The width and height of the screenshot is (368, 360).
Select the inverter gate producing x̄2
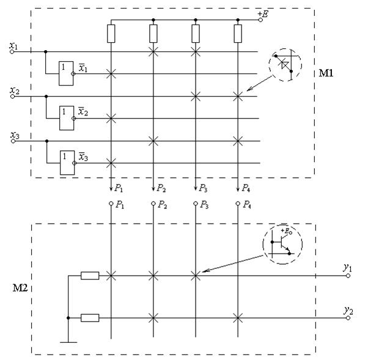pos(65,113)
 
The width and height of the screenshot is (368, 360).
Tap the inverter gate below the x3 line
pos(65,158)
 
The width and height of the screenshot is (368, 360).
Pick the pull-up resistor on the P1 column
pos(111,34)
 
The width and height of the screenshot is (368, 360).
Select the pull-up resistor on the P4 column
pos(238,34)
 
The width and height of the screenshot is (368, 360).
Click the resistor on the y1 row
pos(90,276)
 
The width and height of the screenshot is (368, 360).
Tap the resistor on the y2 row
pos(90,317)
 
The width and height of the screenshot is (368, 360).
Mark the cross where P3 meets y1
pos(196,276)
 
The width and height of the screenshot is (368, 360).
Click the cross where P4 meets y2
pos(238,317)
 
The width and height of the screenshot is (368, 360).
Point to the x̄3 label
pos(83,158)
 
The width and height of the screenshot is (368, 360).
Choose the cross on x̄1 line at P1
pos(111,74)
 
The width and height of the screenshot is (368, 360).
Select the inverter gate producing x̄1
pos(65,68)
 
